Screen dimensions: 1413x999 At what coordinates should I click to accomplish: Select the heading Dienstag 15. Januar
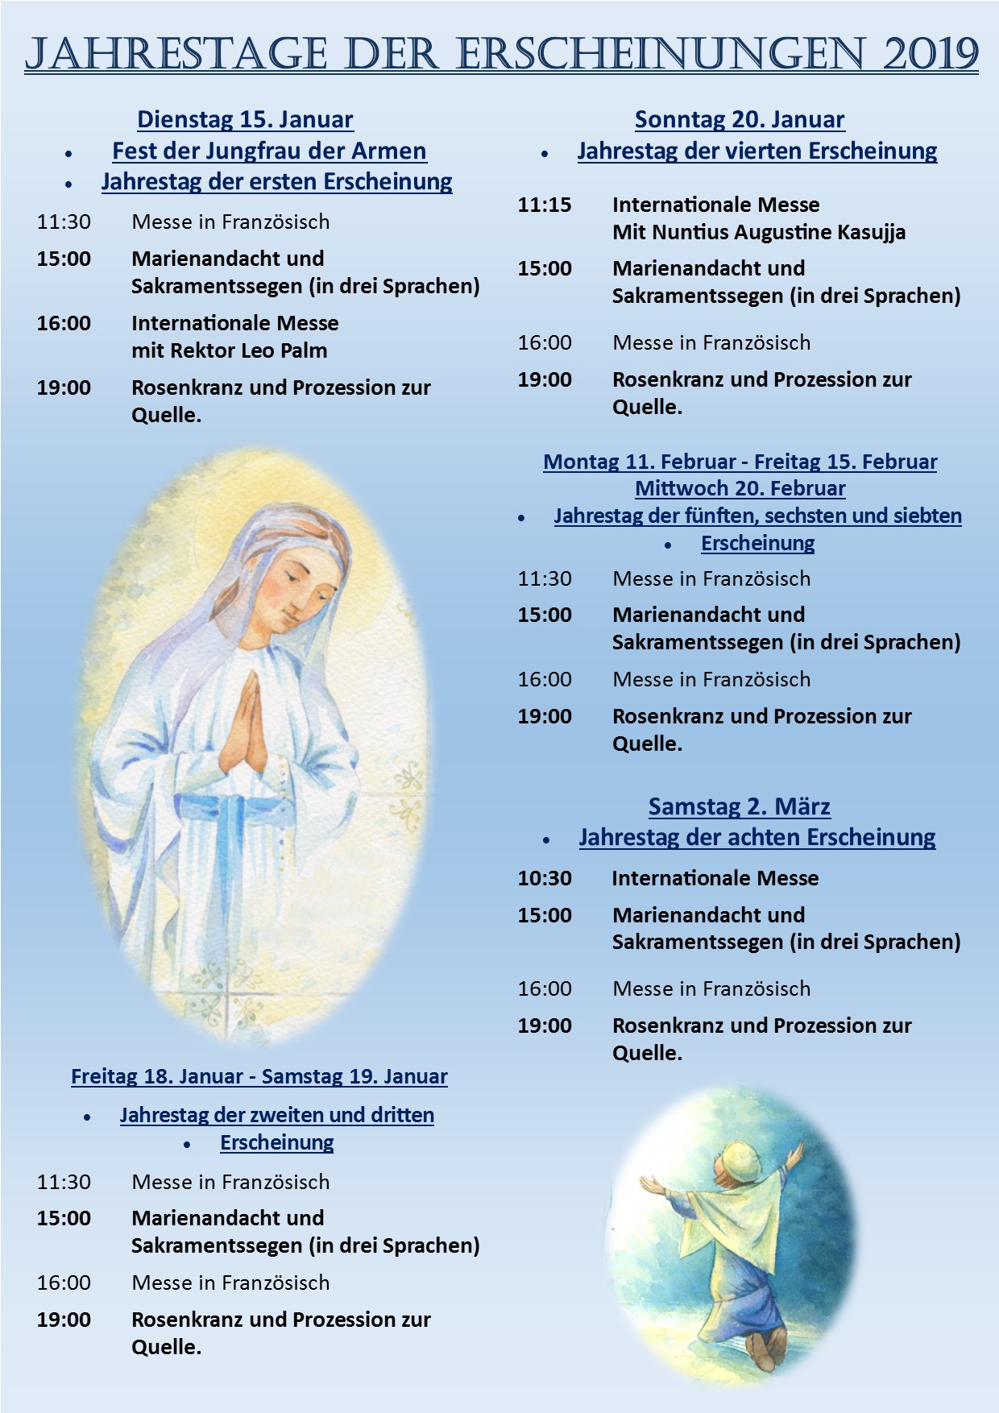click(x=245, y=120)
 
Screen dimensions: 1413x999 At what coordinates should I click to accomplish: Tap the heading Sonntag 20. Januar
click(x=740, y=120)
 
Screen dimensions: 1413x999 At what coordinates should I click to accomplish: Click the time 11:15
click(x=544, y=205)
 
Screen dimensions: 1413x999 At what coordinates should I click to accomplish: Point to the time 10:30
click(x=544, y=878)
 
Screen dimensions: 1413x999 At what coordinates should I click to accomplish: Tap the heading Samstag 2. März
click(x=740, y=806)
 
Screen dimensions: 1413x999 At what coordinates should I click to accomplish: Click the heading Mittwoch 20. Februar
click(x=740, y=488)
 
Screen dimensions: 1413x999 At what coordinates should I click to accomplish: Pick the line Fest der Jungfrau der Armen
click(x=269, y=151)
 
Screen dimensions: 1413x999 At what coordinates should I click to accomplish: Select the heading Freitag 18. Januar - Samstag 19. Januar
click(x=259, y=1076)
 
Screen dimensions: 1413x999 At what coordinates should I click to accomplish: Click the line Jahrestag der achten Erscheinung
click(x=757, y=837)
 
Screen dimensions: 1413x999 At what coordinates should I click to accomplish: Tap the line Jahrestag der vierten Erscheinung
click(x=757, y=151)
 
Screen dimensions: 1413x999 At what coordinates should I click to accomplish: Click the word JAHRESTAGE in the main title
click(x=176, y=54)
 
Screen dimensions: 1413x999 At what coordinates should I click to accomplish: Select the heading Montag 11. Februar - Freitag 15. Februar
click(x=740, y=462)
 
